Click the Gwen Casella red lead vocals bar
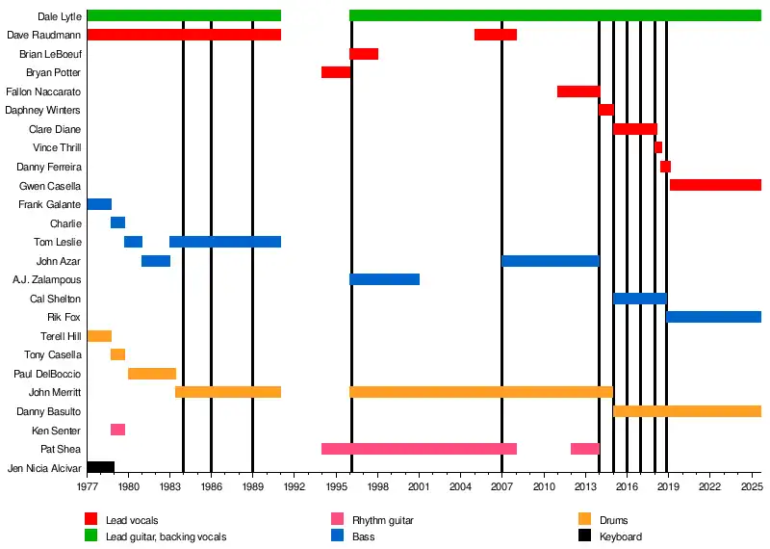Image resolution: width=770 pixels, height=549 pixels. (715, 185)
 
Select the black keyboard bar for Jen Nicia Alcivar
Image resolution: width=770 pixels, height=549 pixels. (100, 467)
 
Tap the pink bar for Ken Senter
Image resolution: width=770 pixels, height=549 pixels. (117, 430)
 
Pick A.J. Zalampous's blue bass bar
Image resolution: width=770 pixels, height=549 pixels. (384, 279)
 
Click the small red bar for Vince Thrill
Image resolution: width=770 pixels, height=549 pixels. (658, 147)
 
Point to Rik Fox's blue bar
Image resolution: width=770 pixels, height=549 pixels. (713, 317)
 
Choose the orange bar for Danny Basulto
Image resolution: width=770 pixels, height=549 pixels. (686, 411)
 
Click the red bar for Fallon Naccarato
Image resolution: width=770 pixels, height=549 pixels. (577, 91)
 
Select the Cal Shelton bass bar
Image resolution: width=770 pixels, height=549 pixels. (639, 299)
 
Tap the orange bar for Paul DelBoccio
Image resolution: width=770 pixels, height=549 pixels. (152, 374)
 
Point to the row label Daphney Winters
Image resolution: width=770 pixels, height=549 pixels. (43, 111)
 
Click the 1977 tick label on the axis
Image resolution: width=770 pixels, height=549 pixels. (87, 488)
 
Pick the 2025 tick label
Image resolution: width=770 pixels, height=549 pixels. (751, 488)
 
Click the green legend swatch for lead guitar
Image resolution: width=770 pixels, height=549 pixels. (91, 536)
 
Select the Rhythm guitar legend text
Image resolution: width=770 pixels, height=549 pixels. (382, 521)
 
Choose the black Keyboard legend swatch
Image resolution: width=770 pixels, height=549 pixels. (585, 536)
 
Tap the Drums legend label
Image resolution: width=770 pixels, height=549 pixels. (613, 521)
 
